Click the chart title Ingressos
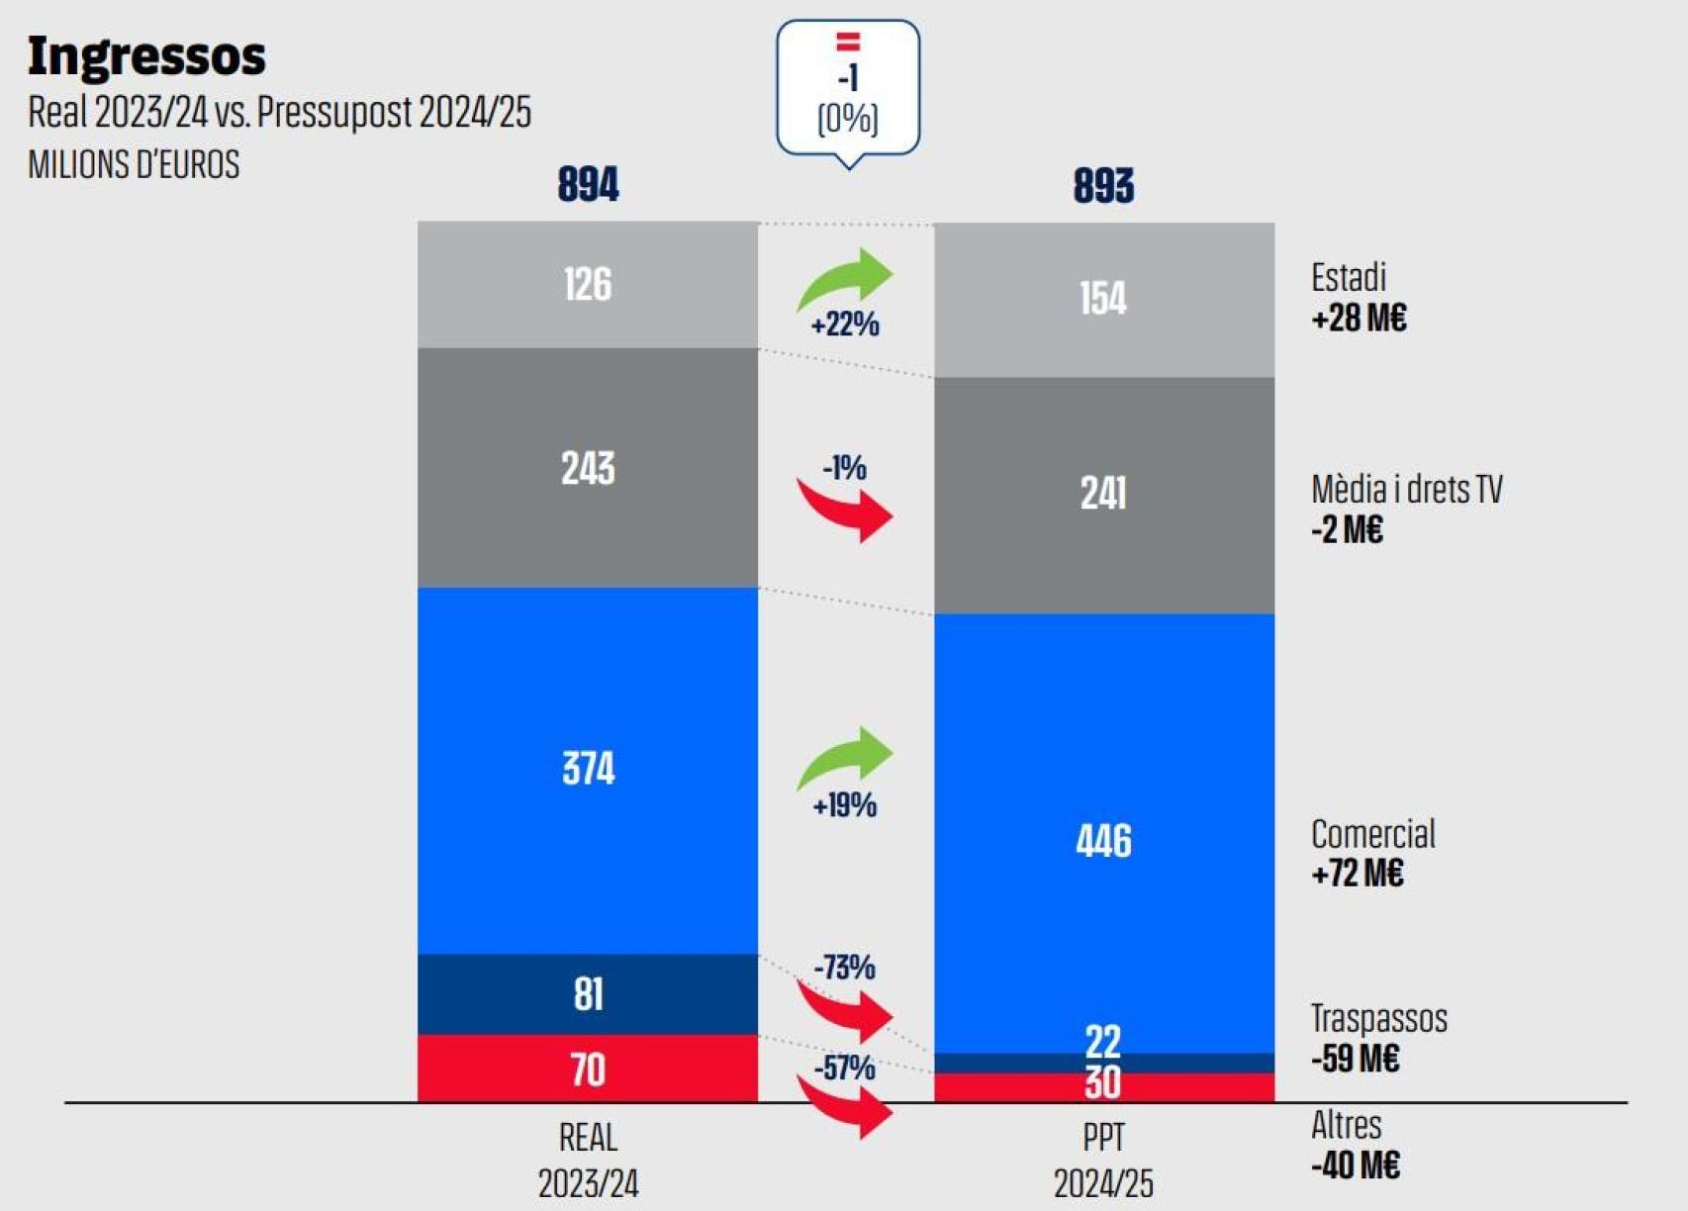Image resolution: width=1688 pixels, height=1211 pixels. (146, 55)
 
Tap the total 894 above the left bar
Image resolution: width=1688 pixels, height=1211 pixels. (588, 185)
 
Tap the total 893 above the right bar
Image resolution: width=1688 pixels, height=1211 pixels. (1103, 186)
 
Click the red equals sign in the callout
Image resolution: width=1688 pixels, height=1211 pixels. (848, 42)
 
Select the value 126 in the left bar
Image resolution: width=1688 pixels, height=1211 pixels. (588, 285)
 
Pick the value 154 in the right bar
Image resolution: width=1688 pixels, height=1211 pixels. (1103, 299)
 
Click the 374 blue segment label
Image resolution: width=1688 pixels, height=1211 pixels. (588, 769)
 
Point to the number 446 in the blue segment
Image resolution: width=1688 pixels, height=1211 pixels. (1103, 841)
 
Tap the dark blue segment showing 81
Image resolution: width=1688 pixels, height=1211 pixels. (588, 994)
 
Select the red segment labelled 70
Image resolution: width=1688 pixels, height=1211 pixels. (588, 1070)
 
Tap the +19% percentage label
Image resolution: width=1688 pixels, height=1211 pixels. (844, 805)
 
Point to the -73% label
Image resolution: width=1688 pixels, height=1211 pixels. (844, 967)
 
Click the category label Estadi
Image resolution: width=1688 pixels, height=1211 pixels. (1348, 278)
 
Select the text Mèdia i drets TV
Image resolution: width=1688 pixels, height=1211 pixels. (1406, 490)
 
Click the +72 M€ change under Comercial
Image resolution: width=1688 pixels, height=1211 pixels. (1357, 874)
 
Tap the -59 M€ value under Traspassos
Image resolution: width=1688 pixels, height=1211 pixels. (1355, 1060)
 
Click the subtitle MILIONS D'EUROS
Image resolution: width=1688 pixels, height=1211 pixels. (134, 164)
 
